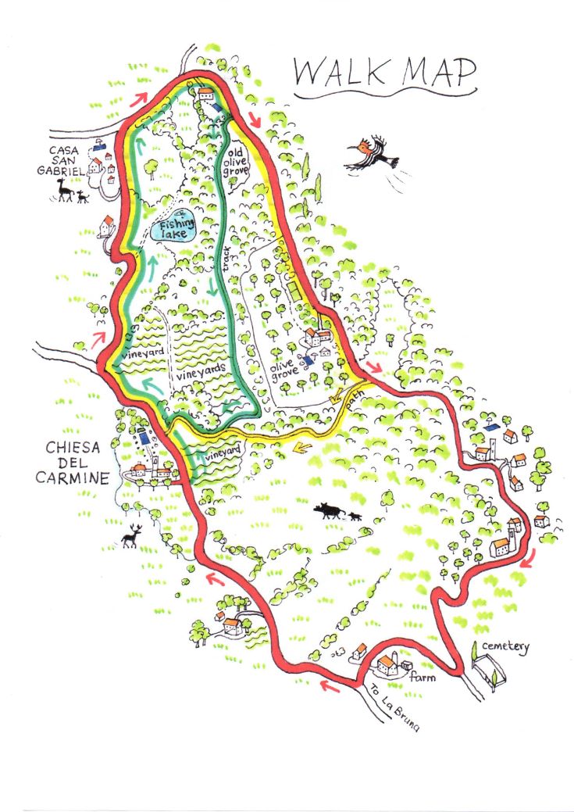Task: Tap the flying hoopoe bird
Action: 376,156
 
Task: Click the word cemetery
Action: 504,647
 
